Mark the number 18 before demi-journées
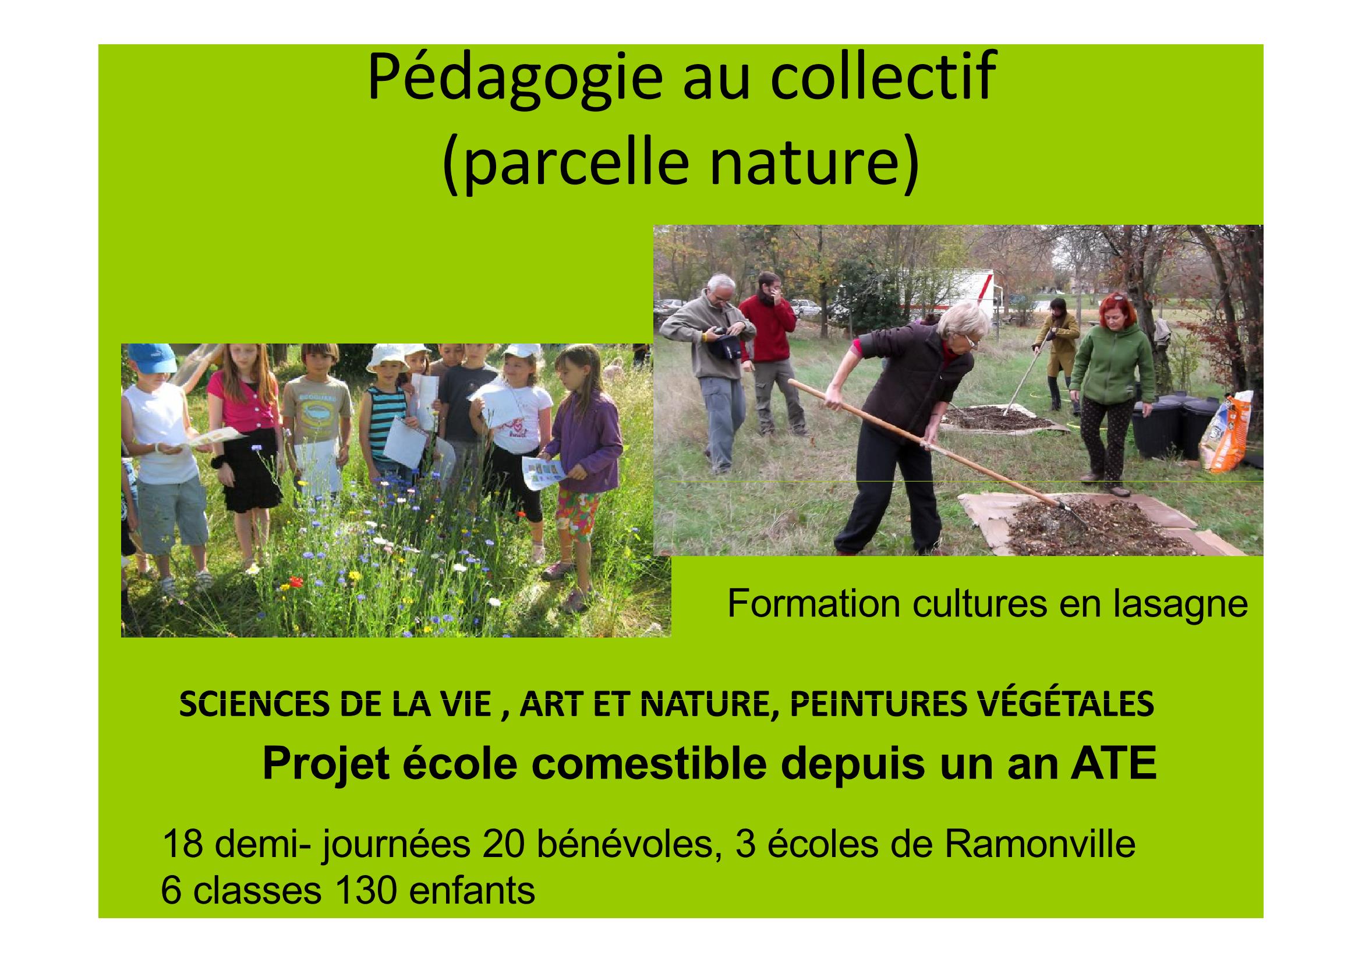[x=181, y=845]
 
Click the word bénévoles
[x=623, y=845]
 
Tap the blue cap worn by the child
[x=151, y=357]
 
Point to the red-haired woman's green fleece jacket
[x=1113, y=364]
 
